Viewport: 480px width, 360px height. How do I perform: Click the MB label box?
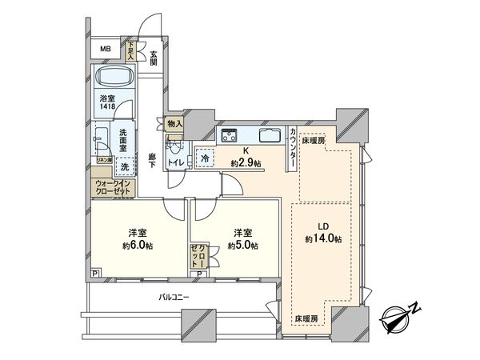106,50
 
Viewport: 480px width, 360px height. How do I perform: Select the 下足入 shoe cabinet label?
133,51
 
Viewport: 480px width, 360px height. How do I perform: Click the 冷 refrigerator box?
204,158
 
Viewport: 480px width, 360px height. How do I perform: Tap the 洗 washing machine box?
124,167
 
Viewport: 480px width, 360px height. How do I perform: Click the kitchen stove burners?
230,134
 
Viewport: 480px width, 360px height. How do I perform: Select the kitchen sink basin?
268,134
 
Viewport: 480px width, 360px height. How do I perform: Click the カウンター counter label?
294,148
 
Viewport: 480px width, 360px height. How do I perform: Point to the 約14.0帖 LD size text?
323,238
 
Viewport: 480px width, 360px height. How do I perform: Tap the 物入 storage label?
176,124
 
